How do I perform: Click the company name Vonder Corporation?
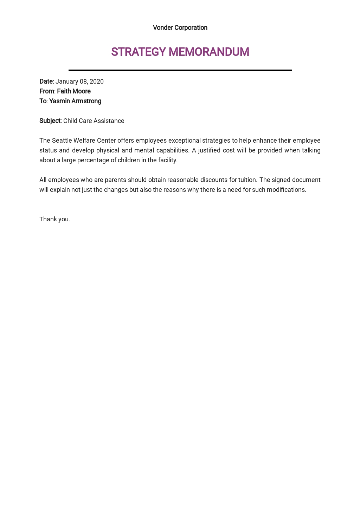tap(180, 28)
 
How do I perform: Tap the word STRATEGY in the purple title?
tap(139, 52)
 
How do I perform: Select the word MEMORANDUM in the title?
tap(209, 52)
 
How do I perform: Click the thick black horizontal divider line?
tap(180, 70)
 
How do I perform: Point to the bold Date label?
tap(46, 82)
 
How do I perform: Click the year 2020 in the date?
tap(97, 82)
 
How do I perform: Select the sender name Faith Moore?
tap(74, 91)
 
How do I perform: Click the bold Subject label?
tap(50, 121)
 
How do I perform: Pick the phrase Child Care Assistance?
tap(94, 121)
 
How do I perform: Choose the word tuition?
tap(248, 180)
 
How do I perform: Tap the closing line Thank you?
tap(55, 219)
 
